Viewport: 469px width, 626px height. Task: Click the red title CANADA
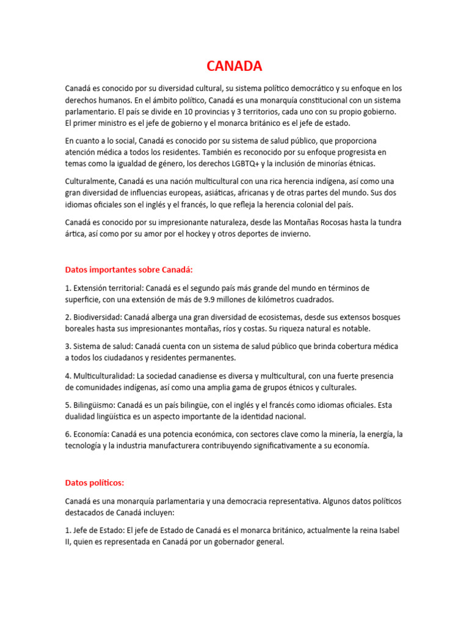point(234,66)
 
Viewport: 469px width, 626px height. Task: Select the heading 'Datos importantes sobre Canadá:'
point(129,270)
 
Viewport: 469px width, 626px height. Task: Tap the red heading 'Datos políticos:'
point(94,482)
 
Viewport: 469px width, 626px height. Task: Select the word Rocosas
point(333,222)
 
